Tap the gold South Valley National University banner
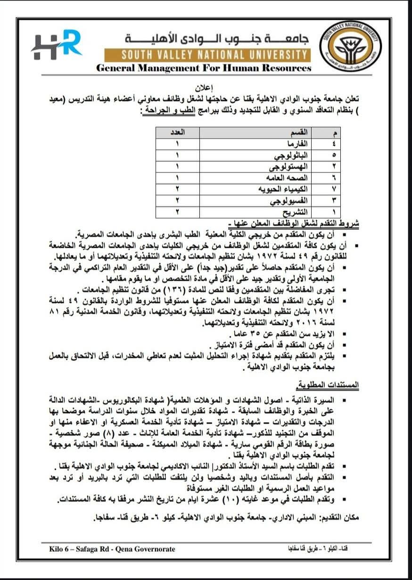[207, 55]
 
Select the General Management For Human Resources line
[204, 68]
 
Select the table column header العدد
[177, 132]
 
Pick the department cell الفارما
[297, 143]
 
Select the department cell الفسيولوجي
[289, 201]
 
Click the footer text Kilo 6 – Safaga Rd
[112, 549]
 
